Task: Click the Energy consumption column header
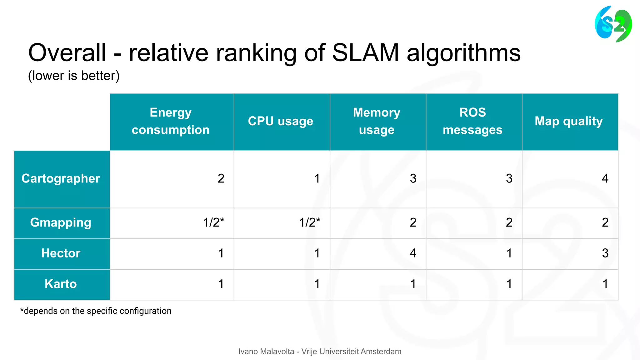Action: [171, 121]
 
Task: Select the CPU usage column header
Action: [281, 121]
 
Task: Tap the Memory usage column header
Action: [377, 121]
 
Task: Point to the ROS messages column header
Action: [472, 121]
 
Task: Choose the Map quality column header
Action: [569, 121]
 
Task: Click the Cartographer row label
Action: [61, 178]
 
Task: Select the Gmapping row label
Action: [61, 222]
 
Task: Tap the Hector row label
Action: [61, 253]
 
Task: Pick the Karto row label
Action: [61, 284]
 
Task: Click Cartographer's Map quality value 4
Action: [605, 178]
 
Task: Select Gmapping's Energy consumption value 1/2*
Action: [213, 222]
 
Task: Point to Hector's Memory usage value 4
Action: [413, 253]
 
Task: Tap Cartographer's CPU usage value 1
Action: [317, 178]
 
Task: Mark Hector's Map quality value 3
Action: [605, 253]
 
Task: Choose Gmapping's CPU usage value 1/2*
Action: [309, 222]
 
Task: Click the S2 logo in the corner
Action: [613, 24]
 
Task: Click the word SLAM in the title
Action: [365, 52]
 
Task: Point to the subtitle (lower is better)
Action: [74, 76]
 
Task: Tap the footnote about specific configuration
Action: [96, 311]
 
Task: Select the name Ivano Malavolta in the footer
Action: [266, 352]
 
